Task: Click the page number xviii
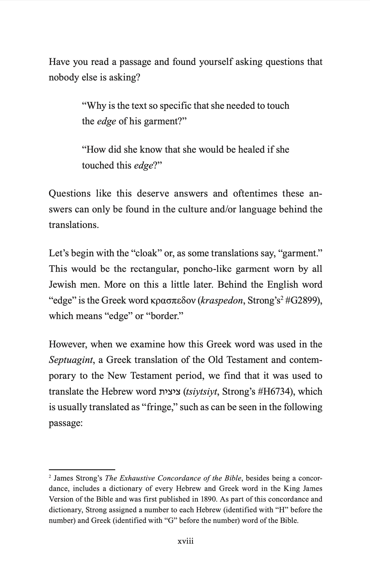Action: tap(185, 541)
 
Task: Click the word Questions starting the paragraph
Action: tap(70, 194)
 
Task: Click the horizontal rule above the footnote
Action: tap(82, 470)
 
